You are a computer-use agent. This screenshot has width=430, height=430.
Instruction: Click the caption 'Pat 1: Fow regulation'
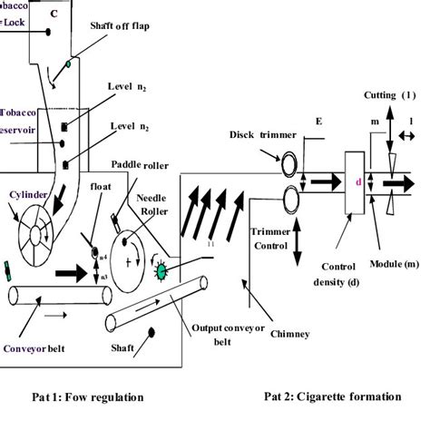coord(86,396)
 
